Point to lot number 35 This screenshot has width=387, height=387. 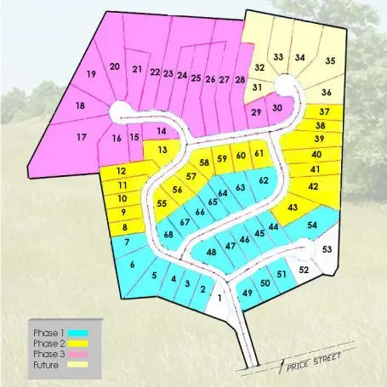pos(330,60)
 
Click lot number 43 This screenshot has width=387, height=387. pos(293,208)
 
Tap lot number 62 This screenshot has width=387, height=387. pos(264,180)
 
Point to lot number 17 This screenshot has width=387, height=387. pos(83,137)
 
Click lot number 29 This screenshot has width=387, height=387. pos(256,112)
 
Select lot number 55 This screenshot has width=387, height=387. pos(162,204)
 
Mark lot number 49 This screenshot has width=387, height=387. pos(248,293)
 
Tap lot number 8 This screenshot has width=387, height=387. pos(125,227)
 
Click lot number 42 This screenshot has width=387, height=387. pos(313,185)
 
